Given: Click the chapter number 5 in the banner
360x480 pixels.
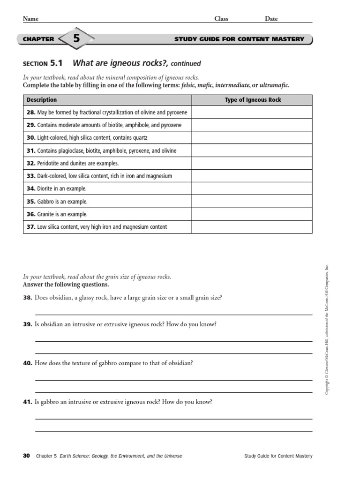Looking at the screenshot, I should (76, 39).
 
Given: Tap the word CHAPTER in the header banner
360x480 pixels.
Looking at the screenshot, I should (38, 39).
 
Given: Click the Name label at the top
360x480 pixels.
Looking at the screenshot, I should (30, 19).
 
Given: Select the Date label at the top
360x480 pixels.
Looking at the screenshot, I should (271, 19).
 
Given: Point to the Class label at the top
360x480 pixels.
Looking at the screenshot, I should (221, 19).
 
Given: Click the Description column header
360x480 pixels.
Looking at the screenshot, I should (42, 100).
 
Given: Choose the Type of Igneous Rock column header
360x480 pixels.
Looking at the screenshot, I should (253, 100).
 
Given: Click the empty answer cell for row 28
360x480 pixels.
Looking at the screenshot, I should (252, 112).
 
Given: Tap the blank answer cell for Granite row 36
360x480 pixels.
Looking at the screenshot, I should (252, 214).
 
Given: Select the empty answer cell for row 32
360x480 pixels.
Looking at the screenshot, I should (252, 163).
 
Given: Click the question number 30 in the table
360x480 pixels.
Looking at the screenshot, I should (31, 138).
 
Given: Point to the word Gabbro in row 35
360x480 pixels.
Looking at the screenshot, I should (45, 202).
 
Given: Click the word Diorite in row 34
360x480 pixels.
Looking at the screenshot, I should (46, 188).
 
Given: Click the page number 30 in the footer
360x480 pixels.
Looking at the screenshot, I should (26, 456).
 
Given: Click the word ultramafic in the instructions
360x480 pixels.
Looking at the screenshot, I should (274, 85).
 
